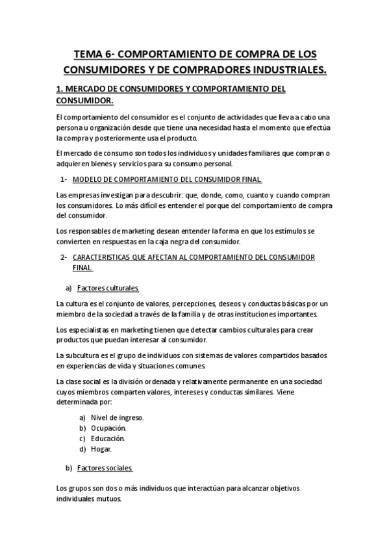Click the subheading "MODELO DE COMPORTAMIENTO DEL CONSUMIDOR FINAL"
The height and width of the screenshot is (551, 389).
pos(168,179)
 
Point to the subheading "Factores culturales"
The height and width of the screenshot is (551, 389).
pos(108,288)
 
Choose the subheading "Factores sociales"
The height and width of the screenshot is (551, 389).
pos(105,468)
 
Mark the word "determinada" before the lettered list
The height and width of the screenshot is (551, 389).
pos(77,402)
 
